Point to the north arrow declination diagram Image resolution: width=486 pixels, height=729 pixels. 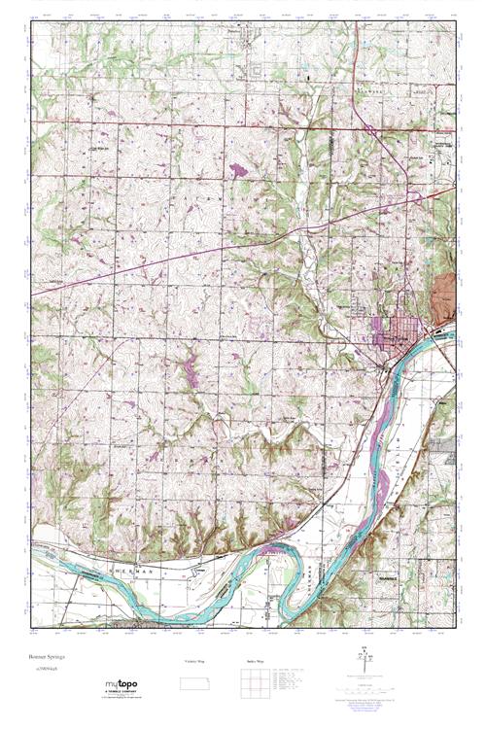point(365,667)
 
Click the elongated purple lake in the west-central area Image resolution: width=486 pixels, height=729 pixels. point(186,368)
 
